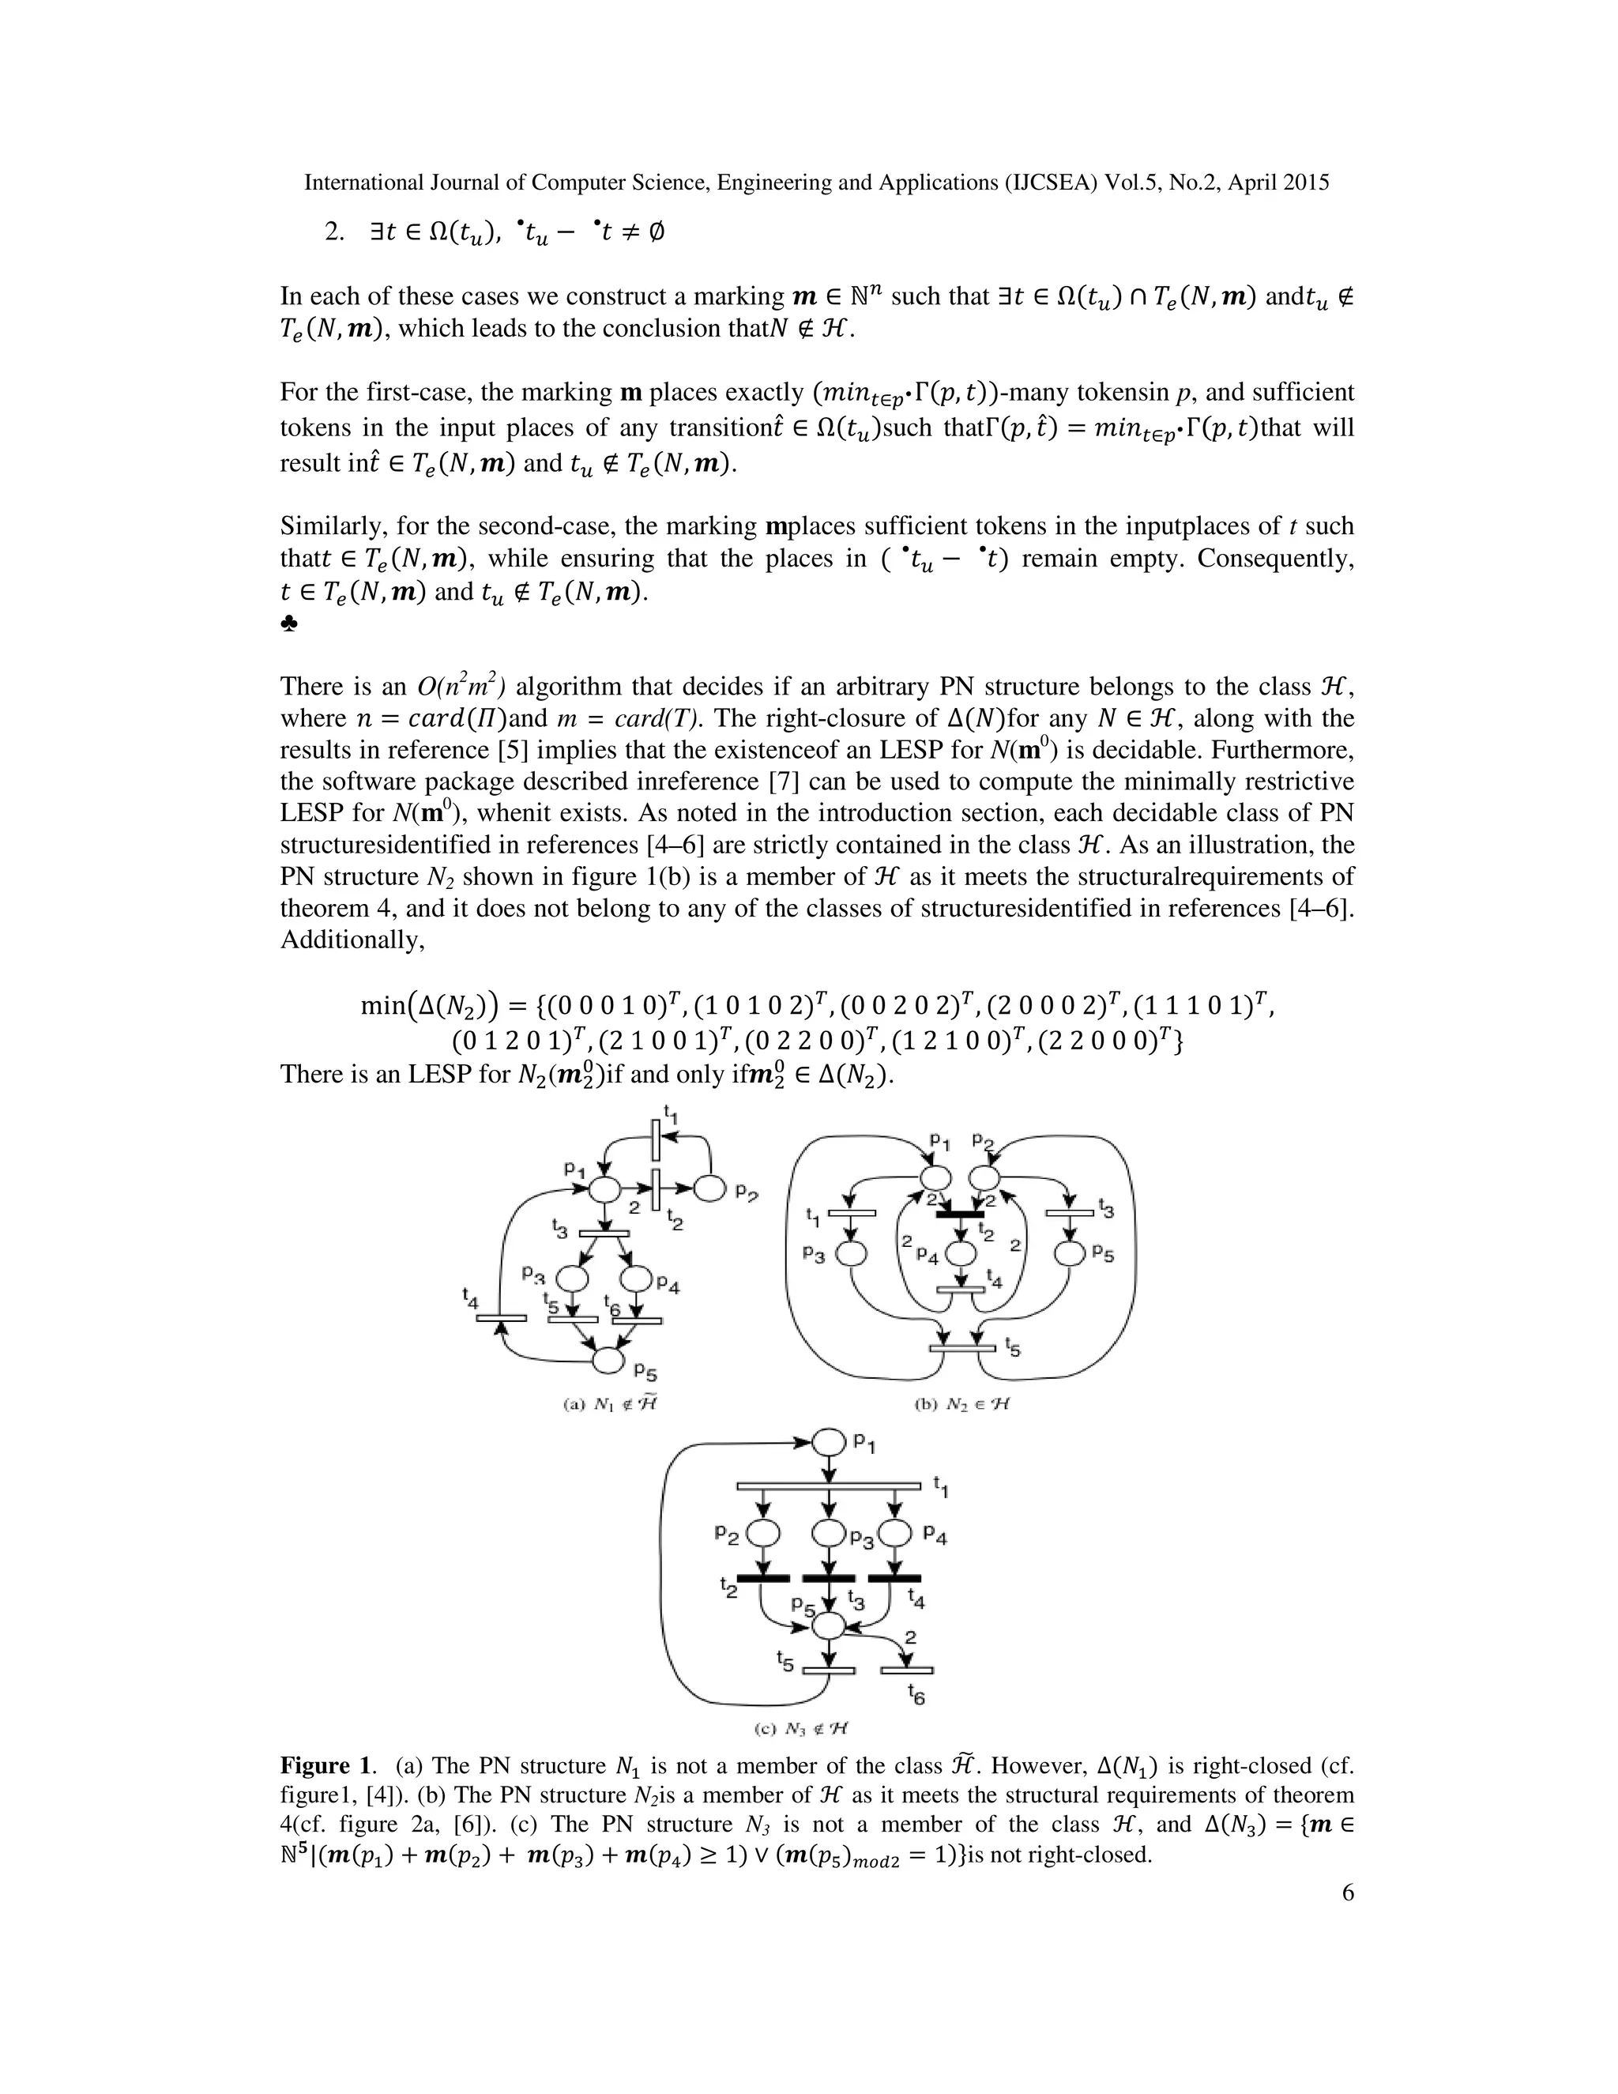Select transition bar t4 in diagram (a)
[500, 1317]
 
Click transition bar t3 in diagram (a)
[604, 1233]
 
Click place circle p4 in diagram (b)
[961, 1254]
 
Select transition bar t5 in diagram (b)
[962, 1349]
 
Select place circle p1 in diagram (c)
[827, 1442]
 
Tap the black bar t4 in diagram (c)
[894, 1577]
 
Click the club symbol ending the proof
[289, 624]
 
